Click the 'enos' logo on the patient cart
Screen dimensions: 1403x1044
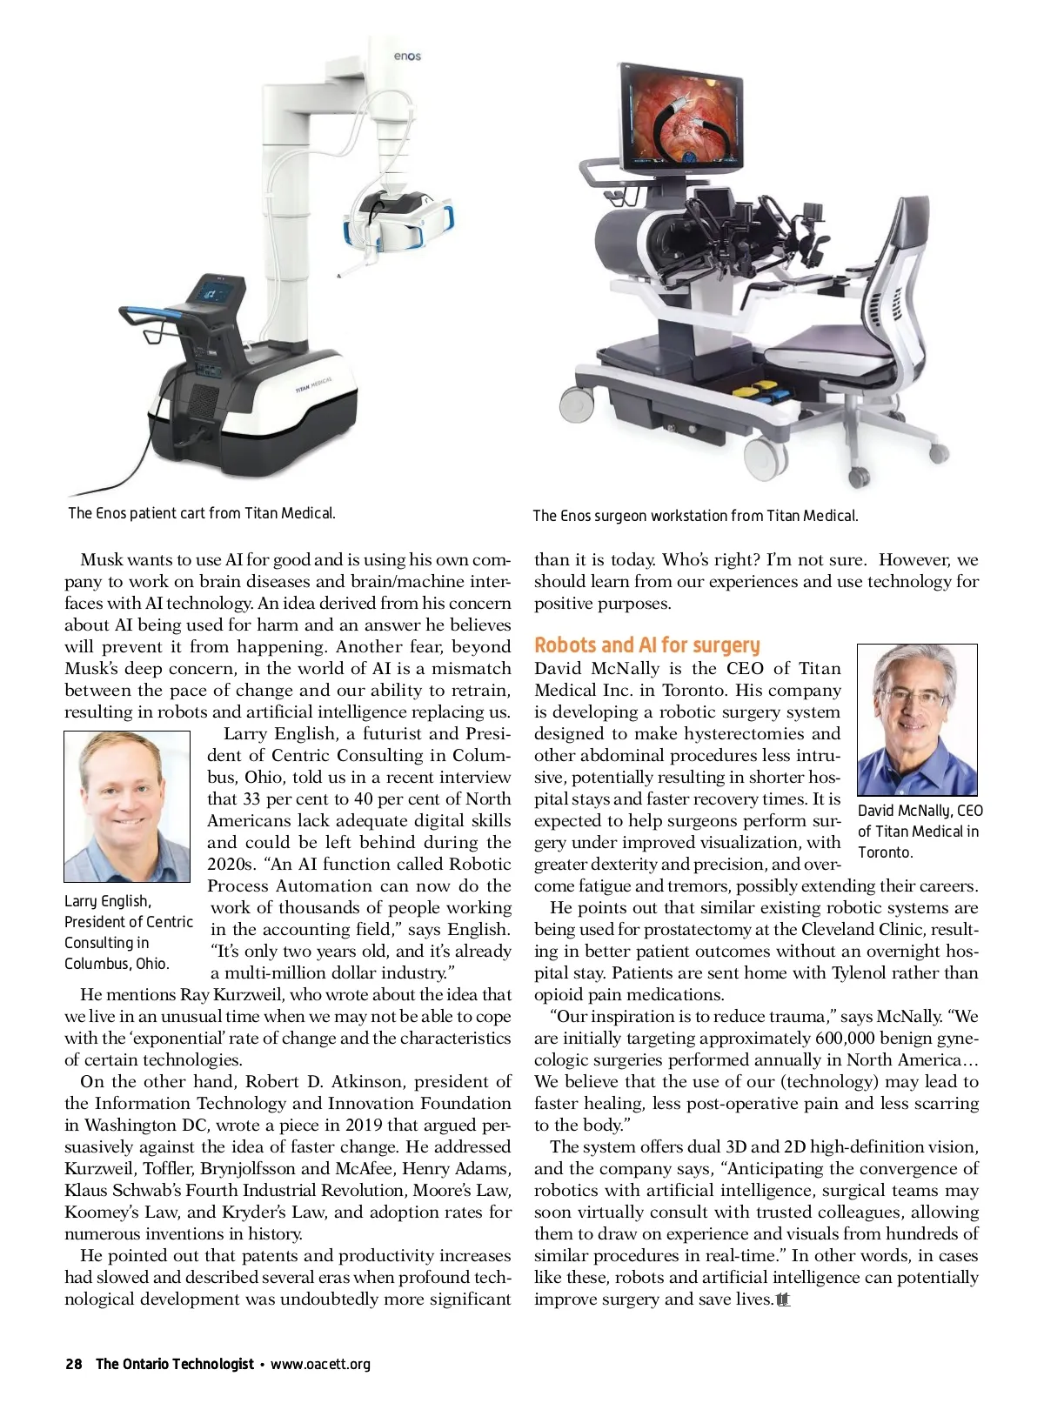coord(407,57)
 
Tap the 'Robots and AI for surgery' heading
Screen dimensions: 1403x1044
coord(646,645)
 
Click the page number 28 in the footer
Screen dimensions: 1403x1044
coord(74,1364)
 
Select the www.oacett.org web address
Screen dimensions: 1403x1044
coord(320,1364)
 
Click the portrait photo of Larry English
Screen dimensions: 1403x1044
coord(127,806)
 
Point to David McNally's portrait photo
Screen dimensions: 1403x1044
coord(917,719)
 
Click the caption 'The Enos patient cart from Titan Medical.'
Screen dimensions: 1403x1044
coord(202,513)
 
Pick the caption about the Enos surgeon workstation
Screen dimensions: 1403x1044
coord(695,516)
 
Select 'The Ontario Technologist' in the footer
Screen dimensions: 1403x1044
coord(175,1364)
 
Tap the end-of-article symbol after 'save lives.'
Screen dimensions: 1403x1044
coord(783,1299)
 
